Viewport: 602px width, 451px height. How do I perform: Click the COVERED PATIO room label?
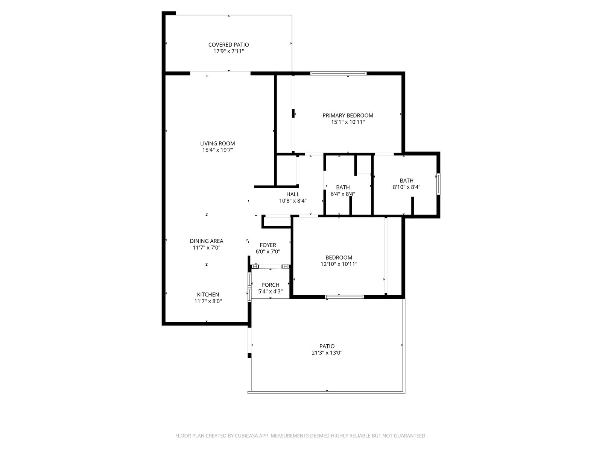228,45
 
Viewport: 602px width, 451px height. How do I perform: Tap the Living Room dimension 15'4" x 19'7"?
217,150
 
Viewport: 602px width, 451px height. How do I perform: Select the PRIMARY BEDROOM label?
348,115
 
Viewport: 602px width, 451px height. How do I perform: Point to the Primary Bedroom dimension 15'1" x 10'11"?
348,122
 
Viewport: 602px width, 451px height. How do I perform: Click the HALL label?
293,194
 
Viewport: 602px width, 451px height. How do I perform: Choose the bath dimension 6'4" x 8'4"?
343,194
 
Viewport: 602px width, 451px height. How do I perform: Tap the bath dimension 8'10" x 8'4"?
406,187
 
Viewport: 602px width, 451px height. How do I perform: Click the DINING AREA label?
207,241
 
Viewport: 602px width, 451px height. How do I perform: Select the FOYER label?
268,245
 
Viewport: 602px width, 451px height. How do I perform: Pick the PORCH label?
271,285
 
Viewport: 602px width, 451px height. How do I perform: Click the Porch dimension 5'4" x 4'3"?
271,292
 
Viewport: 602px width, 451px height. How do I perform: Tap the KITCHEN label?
208,295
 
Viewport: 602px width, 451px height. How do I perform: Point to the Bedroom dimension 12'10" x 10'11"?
339,264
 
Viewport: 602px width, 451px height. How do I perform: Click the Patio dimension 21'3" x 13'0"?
327,353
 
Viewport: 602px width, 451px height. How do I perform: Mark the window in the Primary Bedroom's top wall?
338,73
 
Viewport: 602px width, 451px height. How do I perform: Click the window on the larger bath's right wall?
438,184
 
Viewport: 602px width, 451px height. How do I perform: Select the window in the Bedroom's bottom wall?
344,297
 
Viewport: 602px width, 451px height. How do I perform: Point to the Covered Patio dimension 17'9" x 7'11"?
228,51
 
